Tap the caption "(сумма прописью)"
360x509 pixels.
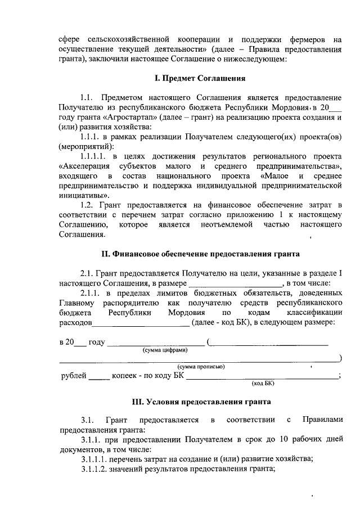click(x=201, y=367)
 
